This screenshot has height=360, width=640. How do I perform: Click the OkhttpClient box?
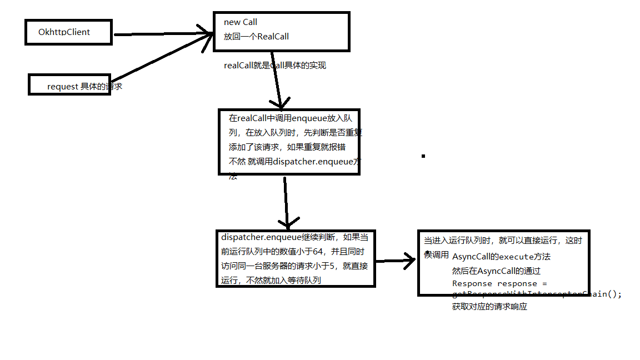(68, 32)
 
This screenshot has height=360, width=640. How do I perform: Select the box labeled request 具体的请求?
(69, 85)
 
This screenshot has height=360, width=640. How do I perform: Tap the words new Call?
(241, 22)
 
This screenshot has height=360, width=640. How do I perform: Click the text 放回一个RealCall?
(256, 37)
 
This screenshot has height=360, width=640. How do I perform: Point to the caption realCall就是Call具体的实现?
(274, 66)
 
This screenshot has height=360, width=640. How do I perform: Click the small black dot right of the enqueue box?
(423, 156)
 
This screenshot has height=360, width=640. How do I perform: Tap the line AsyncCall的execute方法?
(501, 257)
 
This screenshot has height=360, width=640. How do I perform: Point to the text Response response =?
(499, 283)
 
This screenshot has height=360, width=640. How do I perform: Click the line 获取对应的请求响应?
(489, 306)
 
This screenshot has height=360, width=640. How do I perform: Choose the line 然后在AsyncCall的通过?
(496, 271)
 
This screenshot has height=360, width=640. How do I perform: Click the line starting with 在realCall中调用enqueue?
(290, 118)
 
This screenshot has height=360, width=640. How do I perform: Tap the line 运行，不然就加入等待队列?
(271, 280)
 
